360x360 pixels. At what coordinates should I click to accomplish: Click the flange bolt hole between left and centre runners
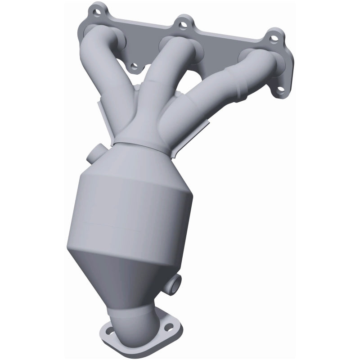click(134, 67)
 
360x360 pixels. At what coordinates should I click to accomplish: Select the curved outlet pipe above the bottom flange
click(139, 315)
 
